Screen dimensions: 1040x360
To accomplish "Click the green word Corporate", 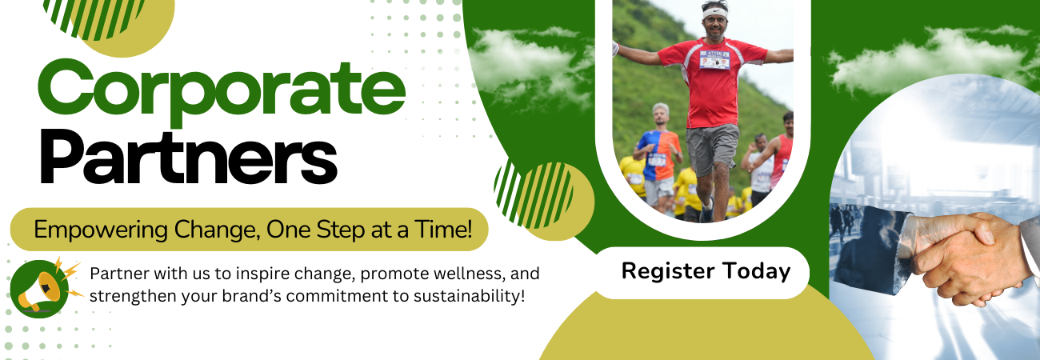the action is [222, 91].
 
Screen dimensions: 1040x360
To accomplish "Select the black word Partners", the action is [188, 158].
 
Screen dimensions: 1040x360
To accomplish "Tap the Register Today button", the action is [703, 273].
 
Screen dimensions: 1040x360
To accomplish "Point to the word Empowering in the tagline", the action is [101, 230].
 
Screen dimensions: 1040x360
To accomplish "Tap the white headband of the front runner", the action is [714, 13].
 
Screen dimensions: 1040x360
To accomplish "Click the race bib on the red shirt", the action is [714, 60].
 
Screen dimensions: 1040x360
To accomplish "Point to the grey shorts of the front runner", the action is [712, 148].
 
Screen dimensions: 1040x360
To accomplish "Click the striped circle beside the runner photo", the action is [534, 194].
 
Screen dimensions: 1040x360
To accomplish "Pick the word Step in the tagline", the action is [340, 230].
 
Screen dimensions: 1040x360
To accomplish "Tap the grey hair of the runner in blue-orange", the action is [661, 109].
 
